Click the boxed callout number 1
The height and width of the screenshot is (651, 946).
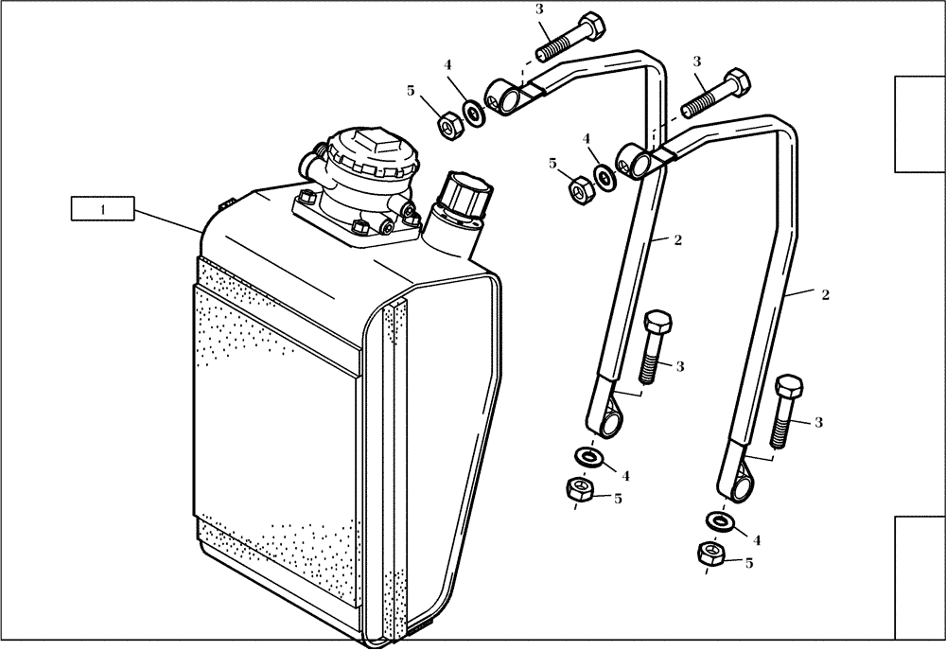[103, 209]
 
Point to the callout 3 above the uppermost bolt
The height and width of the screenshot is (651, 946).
[539, 9]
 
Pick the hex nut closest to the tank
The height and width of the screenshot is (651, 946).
[449, 123]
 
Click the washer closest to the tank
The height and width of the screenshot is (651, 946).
[473, 112]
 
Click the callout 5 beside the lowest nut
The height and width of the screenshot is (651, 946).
[749, 563]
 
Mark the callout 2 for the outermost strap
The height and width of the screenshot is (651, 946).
[825, 295]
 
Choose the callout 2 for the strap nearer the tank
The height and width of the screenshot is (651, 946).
[678, 240]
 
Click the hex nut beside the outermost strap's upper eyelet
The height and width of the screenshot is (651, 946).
[579, 188]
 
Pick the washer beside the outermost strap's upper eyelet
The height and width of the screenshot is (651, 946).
[602, 175]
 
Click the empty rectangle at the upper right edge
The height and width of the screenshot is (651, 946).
[920, 124]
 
